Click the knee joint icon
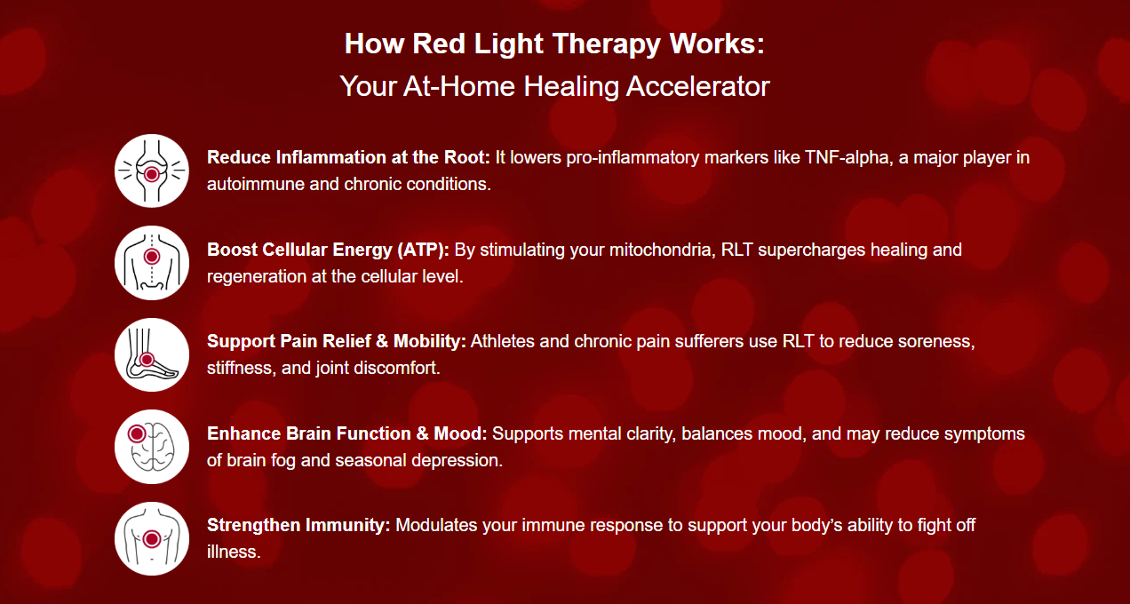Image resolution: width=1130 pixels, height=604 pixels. coord(151,171)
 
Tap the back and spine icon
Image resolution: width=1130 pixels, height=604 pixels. coord(151,263)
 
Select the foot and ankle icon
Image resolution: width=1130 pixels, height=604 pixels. coord(151,354)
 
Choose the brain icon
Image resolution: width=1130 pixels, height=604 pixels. coord(151,447)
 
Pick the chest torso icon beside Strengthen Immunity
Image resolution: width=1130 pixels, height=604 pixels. coord(151,539)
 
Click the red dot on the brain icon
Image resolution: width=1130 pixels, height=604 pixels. coord(137,433)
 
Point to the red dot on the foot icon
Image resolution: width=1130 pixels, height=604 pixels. coord(147,359)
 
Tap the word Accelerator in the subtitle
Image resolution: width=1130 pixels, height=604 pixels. coord(697,86)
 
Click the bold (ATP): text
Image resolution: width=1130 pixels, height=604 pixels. coord(423,250)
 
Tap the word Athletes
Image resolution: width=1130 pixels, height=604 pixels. coord(503,342)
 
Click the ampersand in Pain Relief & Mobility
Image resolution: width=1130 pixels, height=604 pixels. coord(382,342)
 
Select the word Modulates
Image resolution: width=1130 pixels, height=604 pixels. coord(436,525)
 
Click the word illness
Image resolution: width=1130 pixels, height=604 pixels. coord(234,552)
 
